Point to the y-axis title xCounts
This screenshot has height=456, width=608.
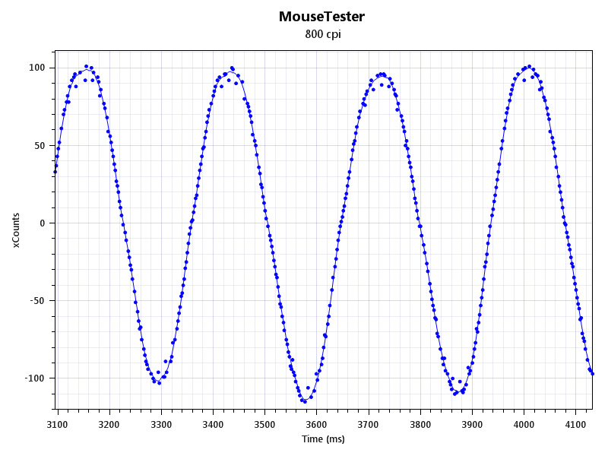[16, 230]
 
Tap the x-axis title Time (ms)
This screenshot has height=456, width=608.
[323, 439]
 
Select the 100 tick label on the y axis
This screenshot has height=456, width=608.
[37, 68]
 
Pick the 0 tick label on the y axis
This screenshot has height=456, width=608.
[43, 223]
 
